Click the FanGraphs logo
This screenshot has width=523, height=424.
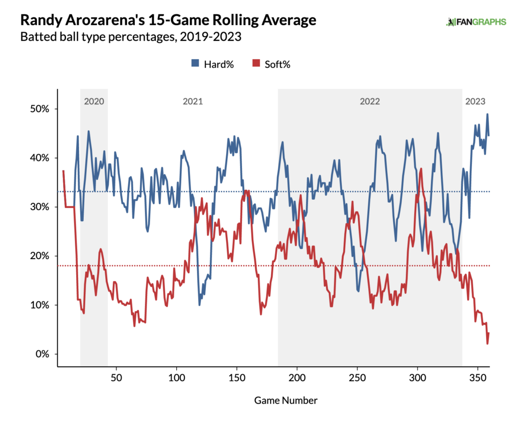tap(476, 21)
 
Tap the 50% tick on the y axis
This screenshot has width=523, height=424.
tap(38, 109)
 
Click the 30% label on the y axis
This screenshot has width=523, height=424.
tap(38, 207)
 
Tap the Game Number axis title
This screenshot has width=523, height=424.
tap(286, 401)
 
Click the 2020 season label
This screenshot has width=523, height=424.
tap(94, 101)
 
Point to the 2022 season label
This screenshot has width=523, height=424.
tap(369, 101)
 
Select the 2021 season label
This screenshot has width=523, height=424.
tap(193, 101)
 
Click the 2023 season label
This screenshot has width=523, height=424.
tap(475, 101)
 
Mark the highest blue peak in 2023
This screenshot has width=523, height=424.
tap(487, 114)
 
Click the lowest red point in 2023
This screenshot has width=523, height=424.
tap(487, 343)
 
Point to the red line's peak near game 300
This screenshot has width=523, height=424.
tap(421, 169)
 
